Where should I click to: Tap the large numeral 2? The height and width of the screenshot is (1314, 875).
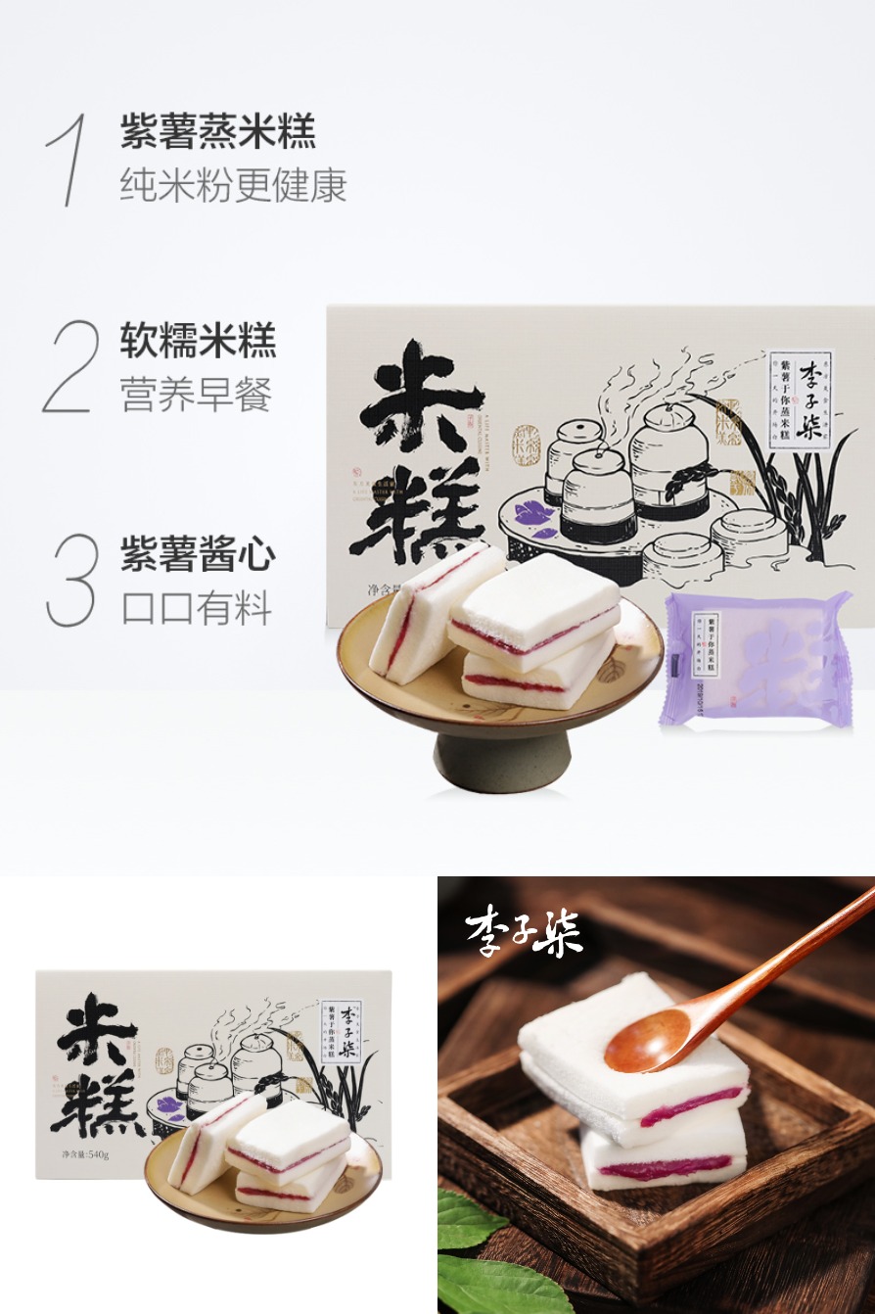[71, 366]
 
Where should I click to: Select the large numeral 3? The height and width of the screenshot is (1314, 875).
[72, 579]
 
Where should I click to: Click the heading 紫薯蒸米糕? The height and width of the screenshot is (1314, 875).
[218, 132]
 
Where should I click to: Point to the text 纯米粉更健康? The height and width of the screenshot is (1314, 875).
[234, 185]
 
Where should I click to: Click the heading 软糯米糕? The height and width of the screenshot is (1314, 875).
[199, 340]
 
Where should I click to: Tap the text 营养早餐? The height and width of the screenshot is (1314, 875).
[196, 394]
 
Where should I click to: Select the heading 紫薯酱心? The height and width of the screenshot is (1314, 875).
[199, 554]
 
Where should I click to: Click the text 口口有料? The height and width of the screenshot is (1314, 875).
[196, 608]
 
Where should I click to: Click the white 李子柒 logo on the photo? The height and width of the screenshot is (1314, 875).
[524, 931]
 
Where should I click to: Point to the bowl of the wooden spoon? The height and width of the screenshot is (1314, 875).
[647, 1042]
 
